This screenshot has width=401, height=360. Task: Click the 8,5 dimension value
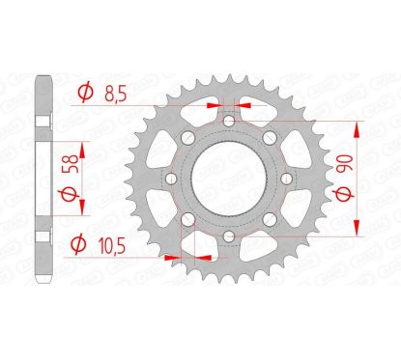pyautogui.click(x=116, y=94)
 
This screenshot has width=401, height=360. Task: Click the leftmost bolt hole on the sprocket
pyautogui.click(x=170, y=180)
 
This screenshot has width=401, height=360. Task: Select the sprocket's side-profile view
pyautogui.click(x=41, y=180)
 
